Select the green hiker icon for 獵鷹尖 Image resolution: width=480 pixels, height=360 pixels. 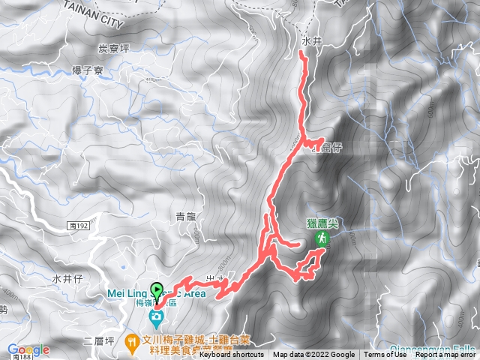[322, 238]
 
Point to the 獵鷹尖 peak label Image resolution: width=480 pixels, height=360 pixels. [323, 223]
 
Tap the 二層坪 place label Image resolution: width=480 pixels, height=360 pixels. [98, 340]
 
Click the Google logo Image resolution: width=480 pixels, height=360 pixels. [28, 349]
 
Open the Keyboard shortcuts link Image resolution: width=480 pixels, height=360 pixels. [232, 355]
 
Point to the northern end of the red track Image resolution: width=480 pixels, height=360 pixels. [301, 53]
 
